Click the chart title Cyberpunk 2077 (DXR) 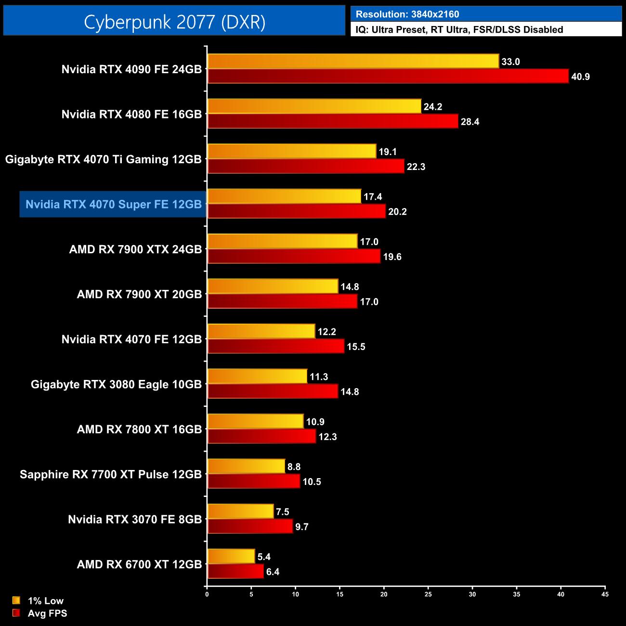[174, 22]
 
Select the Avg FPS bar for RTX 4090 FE [388, 76]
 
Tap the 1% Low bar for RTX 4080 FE [314, 106]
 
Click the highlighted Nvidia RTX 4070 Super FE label [113, 204]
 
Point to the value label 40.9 [580, 77]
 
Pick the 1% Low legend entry [45, 600]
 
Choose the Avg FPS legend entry [47, 613]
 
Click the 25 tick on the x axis [428, 594]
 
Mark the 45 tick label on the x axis [605, 594]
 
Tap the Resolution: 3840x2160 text [407, 14]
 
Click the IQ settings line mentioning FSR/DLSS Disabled [459, 29]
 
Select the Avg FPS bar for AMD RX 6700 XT [235, 571]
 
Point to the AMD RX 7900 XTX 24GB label [135, 249]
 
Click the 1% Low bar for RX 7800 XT [255, 421]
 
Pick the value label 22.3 [416, 167]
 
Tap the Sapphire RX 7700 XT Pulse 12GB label [111, 474]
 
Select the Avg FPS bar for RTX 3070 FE [250, 526]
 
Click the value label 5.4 [264, 557]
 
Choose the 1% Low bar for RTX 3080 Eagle [257, 376]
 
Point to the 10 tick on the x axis [295, 594]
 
